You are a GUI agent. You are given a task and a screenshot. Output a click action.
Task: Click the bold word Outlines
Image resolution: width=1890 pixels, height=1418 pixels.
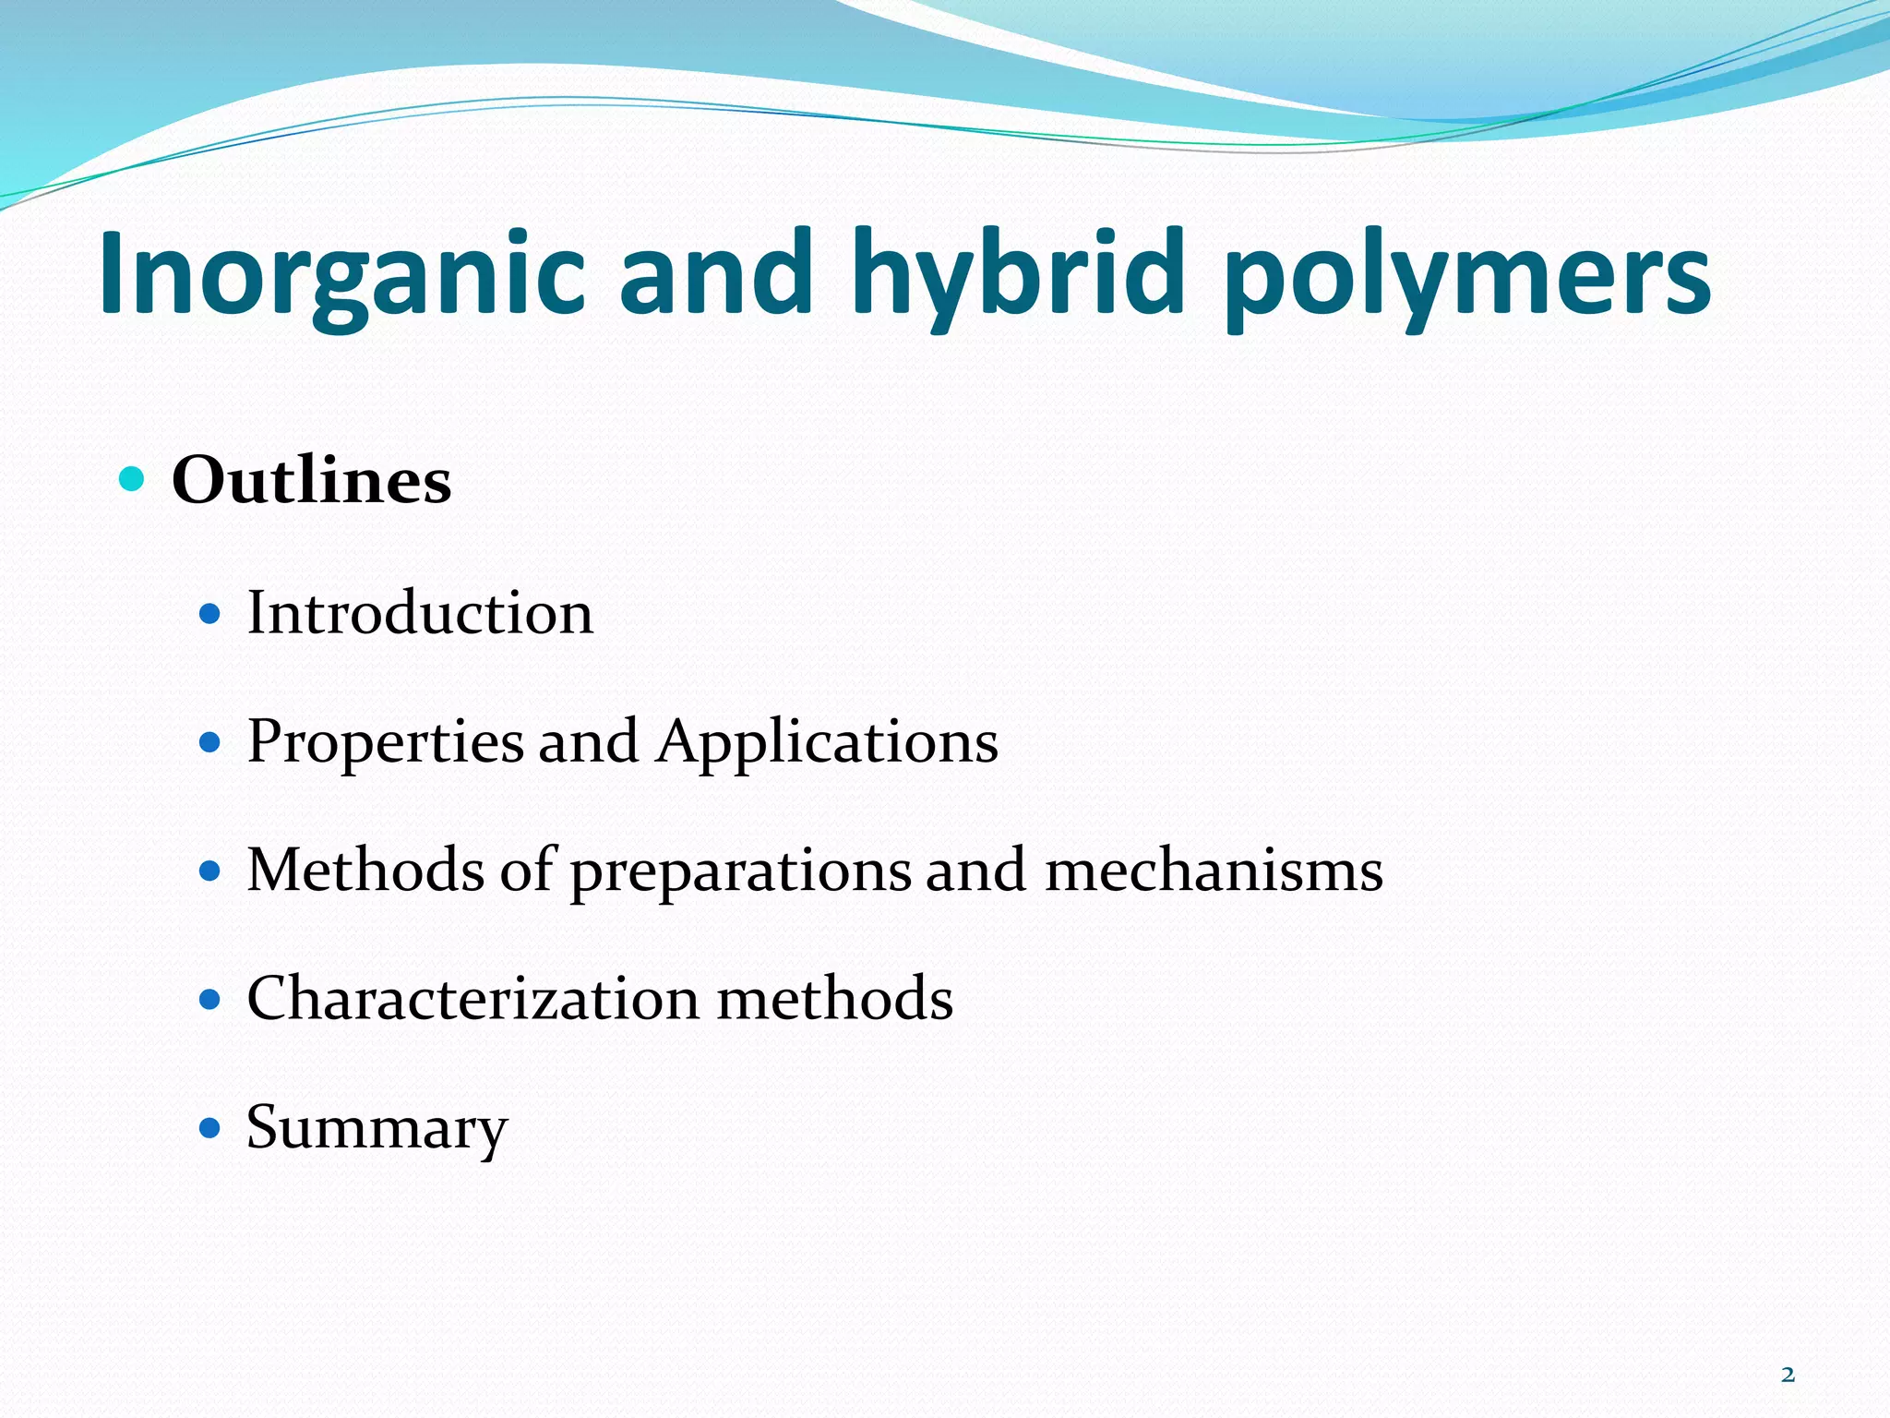311,480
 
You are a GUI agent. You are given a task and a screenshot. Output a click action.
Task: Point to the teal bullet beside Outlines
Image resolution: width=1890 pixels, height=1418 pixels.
132,479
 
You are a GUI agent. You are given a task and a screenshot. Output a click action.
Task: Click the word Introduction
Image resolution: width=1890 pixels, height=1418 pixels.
420,613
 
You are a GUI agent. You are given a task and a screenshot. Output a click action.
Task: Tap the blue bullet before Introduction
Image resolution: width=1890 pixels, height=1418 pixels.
210,613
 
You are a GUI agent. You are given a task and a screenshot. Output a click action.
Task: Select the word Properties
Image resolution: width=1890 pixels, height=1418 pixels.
385,742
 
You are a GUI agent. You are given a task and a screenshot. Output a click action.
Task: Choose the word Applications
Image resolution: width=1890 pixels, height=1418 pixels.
827,742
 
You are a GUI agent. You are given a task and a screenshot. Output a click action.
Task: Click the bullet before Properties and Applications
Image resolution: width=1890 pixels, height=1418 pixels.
210,741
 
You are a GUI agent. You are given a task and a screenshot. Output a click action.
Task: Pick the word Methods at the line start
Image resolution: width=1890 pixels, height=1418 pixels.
365,870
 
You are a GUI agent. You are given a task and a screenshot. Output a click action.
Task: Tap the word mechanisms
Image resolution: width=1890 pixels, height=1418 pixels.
1214,870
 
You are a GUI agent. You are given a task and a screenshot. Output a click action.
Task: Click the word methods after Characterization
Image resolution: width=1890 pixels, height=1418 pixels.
834,999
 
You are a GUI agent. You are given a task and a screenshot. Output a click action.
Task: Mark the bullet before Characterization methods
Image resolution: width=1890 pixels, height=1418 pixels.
210,999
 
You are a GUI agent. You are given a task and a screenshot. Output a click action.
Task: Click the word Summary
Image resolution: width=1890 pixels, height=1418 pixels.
377,1128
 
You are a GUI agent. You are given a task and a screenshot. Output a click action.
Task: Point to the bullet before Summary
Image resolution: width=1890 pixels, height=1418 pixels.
210,1127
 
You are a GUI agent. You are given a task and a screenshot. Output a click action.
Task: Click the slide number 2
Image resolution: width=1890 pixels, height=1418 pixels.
1788,1375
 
